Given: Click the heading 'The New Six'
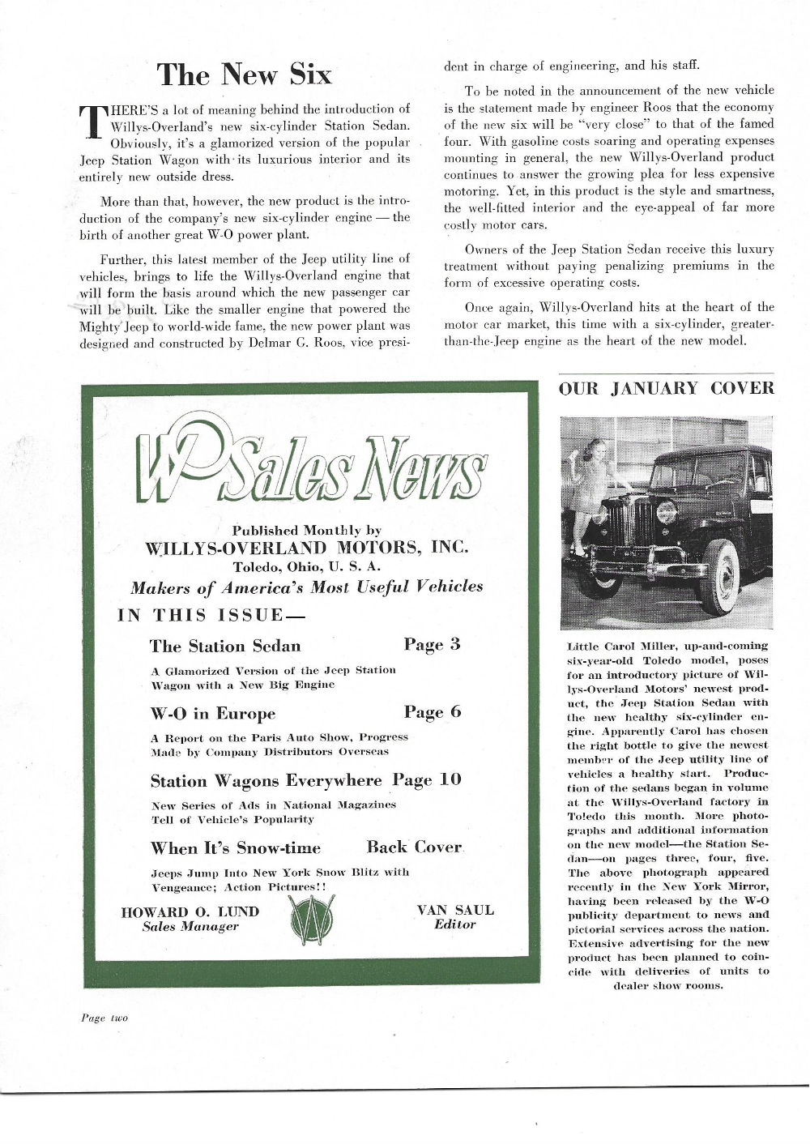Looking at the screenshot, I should point(245,75).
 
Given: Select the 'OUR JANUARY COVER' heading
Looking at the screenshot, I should point(666,388).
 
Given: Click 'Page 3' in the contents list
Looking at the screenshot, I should point(432,645).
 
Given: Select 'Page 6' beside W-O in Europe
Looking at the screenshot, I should point(432,712).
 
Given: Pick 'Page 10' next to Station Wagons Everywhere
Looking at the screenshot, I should point(427,779).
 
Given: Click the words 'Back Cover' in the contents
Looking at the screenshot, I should point(413,847).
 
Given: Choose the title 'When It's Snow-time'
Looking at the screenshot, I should point(235,848).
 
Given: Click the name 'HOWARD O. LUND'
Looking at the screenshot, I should point(190,911).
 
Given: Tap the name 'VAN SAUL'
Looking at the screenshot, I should point(454,910).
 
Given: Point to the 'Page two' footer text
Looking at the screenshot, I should point(104,1018).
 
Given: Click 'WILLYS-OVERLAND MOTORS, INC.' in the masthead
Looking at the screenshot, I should point(306,547).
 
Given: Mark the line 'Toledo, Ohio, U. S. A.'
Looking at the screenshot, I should point(306,566).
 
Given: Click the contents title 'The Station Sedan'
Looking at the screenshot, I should point(225,646).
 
